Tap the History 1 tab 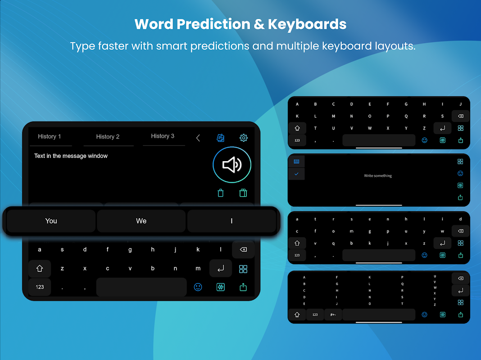[50, 137]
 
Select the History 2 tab [108, 137]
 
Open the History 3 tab [163, 136]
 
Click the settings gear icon [244, 138]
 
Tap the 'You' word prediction [51, 221]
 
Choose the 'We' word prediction [141, 221]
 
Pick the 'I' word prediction [231, 221]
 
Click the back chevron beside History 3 [198, 138]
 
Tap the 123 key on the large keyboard [40, 287]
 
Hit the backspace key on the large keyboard [243, 249]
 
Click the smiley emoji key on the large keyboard [198, 287]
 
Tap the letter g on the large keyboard [130, 250]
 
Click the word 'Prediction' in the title [213, 24]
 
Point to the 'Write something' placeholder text [378, 175]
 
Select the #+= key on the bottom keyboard [333, 315]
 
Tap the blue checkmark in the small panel [296, 174]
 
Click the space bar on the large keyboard [141, 287]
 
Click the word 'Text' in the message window [40, 156]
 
